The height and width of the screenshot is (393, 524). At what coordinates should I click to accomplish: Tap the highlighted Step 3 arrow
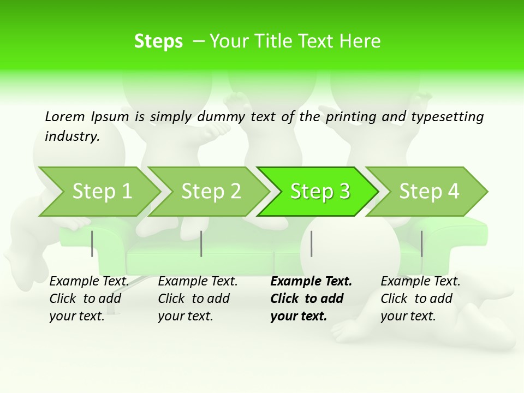point(320,192)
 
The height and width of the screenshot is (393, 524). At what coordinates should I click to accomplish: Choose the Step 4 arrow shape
point(429,192)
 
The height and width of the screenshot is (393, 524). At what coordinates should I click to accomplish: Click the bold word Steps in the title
point(158,41)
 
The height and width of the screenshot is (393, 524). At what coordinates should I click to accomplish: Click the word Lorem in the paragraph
point(65,116)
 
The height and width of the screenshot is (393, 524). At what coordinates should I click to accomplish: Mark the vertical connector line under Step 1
point(92,243)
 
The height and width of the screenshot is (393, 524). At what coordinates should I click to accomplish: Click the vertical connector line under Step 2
point(201,243)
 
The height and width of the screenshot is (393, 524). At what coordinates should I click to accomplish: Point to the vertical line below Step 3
point(311,243)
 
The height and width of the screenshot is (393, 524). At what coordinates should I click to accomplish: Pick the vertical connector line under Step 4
point(421,243)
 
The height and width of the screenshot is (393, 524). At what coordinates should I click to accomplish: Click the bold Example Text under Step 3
point(311,282)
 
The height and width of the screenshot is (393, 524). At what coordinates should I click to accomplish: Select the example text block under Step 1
point(89,299)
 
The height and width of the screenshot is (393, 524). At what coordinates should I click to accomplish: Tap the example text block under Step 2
point(198,299)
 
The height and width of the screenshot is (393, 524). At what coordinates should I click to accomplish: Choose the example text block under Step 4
point(420,299)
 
